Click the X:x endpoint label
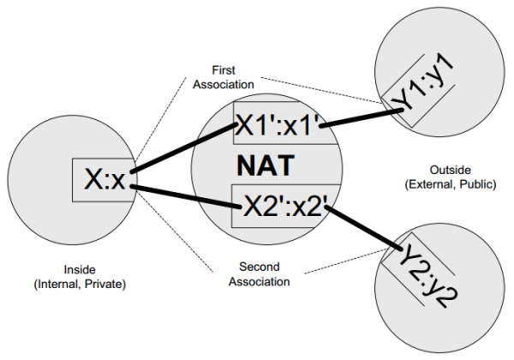tap(105, 179)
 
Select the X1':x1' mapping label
tap(278, 124)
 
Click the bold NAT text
tap(266, 166)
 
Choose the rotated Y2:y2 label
tap(428, 276)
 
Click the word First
tap(224, 70)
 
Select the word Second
tap(260, 267)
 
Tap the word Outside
tap(450, 170)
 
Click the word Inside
tap(80, 269)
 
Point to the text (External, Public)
tap(451, 184)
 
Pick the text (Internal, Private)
tap(80, 284)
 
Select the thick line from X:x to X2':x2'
tap(186, 197)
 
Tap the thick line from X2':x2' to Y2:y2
tap(364, 228)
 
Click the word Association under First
tap(224, 84)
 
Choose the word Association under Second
tap(260, 282)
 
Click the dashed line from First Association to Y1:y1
tap(322, 91)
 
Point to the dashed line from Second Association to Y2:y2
tap(345, 261)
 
